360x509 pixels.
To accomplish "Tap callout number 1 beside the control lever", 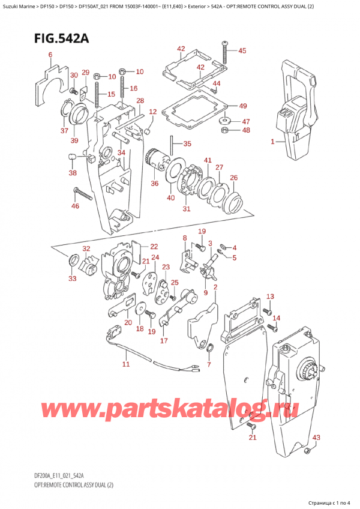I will click(272, 142).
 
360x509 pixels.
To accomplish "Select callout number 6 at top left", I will click(50, 56).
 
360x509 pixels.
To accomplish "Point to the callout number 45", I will click(242, 51).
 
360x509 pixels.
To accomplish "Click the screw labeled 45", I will click(225, 46).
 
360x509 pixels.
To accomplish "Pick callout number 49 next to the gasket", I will click(242, 106).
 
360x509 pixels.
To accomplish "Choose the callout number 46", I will click(75, 206).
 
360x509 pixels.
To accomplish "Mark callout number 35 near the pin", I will click(187, 144).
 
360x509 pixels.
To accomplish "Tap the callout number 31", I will click(187, 209).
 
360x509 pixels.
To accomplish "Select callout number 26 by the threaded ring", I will click(233, 177).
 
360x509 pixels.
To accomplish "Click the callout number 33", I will click(73, 278).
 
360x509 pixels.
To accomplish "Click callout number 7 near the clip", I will click(208, 364).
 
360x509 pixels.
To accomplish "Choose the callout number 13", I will click(269, 297).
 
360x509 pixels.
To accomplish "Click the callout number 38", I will click(73, 173).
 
